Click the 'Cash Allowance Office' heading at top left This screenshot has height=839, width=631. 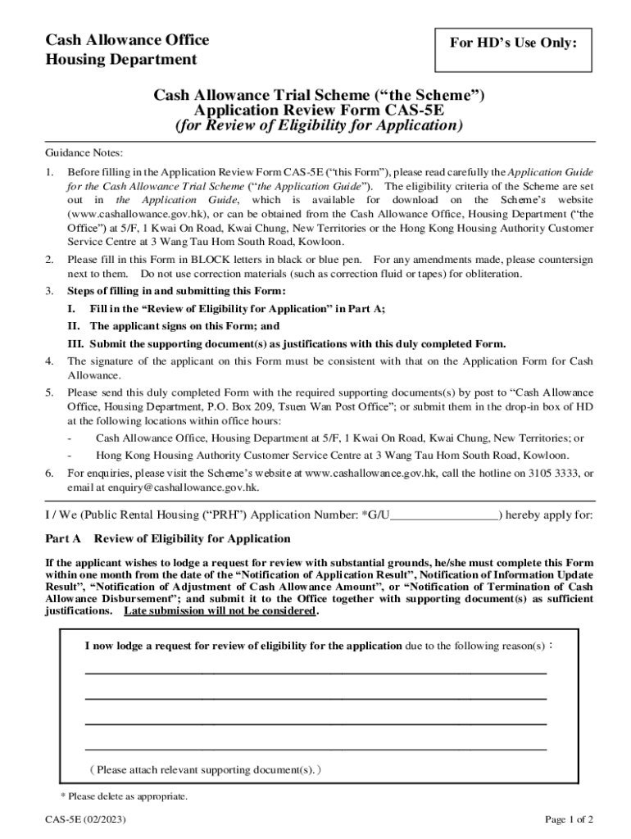(126, 40)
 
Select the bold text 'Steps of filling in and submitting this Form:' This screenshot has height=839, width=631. (176, 292)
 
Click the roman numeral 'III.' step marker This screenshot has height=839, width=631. (76, 344)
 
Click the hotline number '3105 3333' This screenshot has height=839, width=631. (549, 474)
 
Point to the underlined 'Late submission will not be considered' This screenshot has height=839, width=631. (219, 611)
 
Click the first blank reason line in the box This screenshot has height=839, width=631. (315, 672)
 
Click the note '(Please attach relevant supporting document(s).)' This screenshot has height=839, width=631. (207, 770)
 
